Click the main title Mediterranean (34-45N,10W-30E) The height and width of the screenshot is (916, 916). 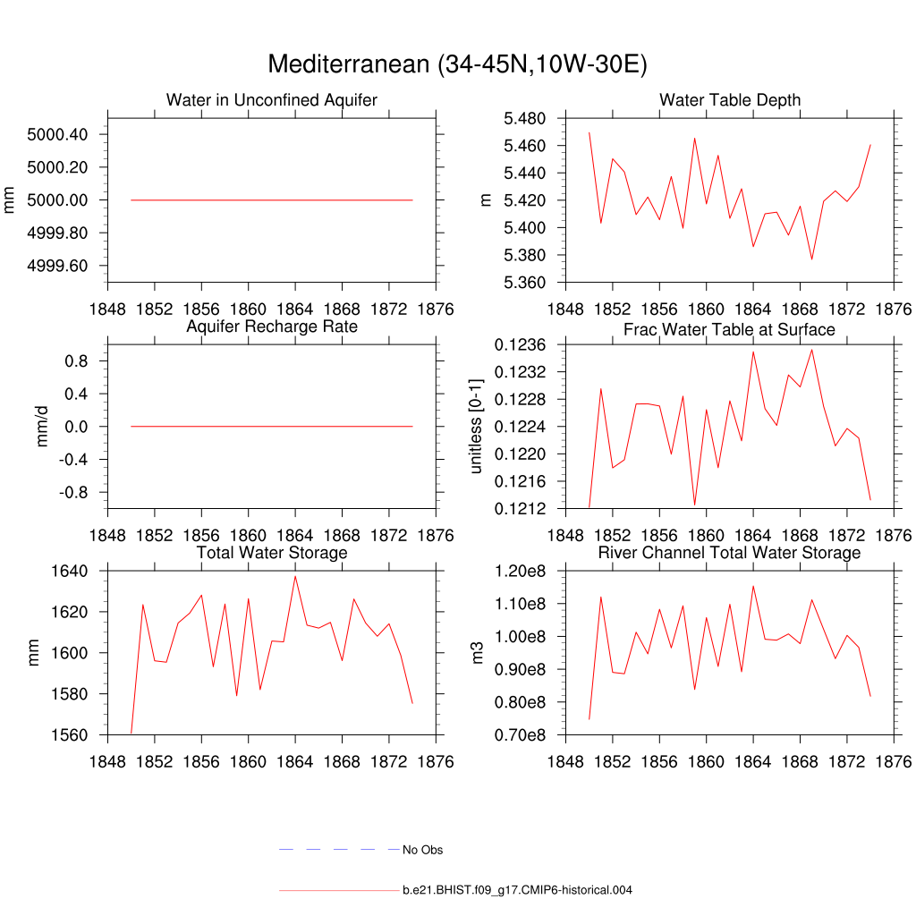457,65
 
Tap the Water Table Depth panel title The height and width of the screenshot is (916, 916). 730,99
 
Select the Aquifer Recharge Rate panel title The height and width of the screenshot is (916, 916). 272,327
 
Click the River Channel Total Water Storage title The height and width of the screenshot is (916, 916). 730,553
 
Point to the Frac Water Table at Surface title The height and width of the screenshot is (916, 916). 730,329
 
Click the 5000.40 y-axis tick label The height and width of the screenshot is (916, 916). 56,135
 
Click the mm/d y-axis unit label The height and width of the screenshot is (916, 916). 42,427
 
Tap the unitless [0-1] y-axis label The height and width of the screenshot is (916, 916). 476,427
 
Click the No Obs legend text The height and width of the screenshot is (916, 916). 423,850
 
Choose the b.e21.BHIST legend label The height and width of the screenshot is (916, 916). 518,890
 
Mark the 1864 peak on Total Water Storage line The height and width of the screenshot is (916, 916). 295,575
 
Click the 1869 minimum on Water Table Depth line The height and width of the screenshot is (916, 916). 811,259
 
